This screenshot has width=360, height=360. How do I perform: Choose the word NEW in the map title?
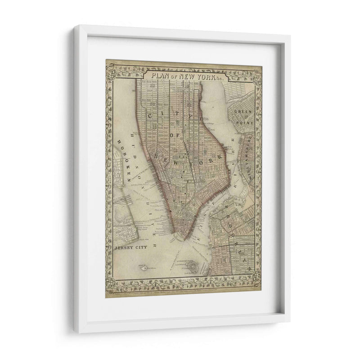pyautogui.click(x=187, y=76)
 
